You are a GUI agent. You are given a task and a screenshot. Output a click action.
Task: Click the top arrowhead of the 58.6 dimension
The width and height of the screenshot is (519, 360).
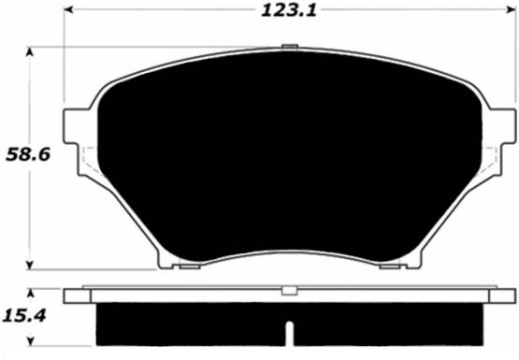tap(33, 50)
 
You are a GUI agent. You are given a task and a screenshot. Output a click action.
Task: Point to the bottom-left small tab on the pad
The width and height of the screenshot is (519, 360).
tap(187, 267)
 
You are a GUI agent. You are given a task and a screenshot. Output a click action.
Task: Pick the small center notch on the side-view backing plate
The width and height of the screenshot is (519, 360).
tap(289, 290)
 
